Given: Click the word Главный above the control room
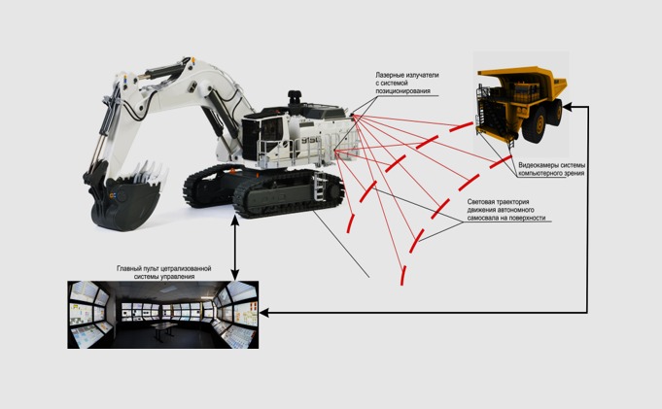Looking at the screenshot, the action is [x=128, y=268].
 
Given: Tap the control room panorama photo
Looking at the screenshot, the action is [x=163, y=315].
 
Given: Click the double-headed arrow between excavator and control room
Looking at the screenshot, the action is [x=234, y=249].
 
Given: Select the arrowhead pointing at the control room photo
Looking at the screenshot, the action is [x=264, y=313].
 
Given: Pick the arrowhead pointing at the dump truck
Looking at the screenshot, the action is [x=568, y=107].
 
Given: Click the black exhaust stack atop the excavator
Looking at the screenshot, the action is [x=295, y=99].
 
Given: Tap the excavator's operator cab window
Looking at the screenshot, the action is [x=271, y=129].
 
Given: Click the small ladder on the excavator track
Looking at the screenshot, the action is [x=319, y=185].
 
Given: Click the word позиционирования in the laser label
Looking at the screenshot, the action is [x=402, y=91].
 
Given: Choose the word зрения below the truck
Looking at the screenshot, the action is [x=575, y=173].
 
